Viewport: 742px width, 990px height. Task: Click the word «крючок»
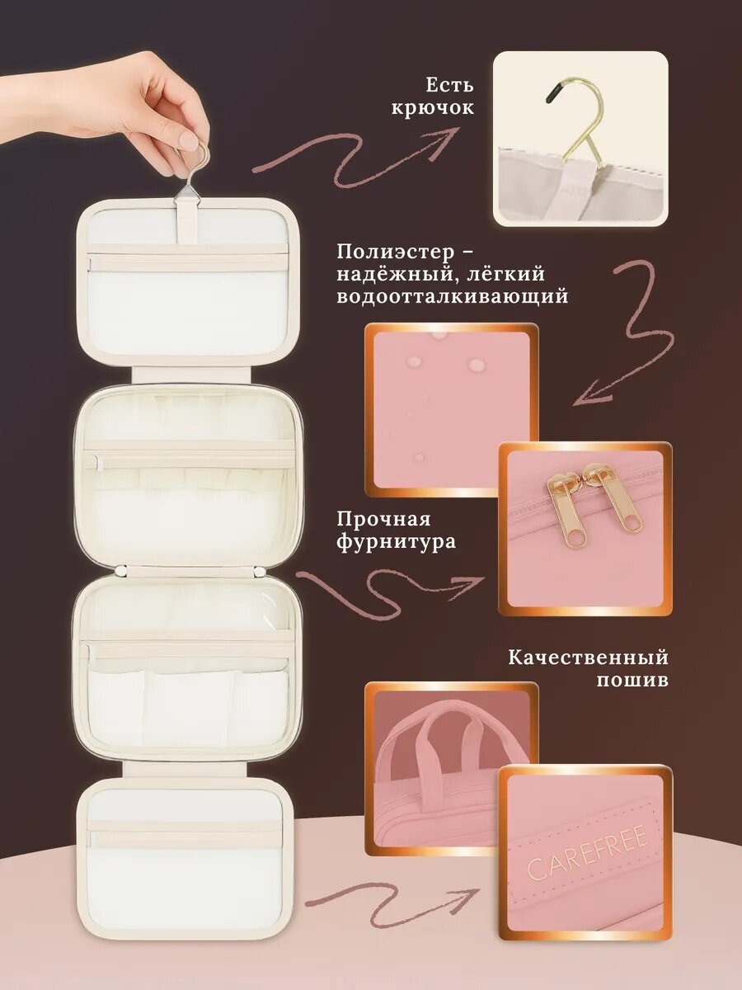click(x=432, y=109)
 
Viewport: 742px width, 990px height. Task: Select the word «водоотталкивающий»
click(x=452, y=297)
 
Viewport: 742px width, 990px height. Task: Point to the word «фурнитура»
click(x=396, y=542)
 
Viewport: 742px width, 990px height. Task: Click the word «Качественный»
click(x=588, y=658)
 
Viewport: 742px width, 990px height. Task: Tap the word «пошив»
click(x=632, y=680)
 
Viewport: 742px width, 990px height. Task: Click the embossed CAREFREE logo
click(x=588, y=851)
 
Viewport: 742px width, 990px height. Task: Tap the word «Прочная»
click(x=384, y=520)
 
